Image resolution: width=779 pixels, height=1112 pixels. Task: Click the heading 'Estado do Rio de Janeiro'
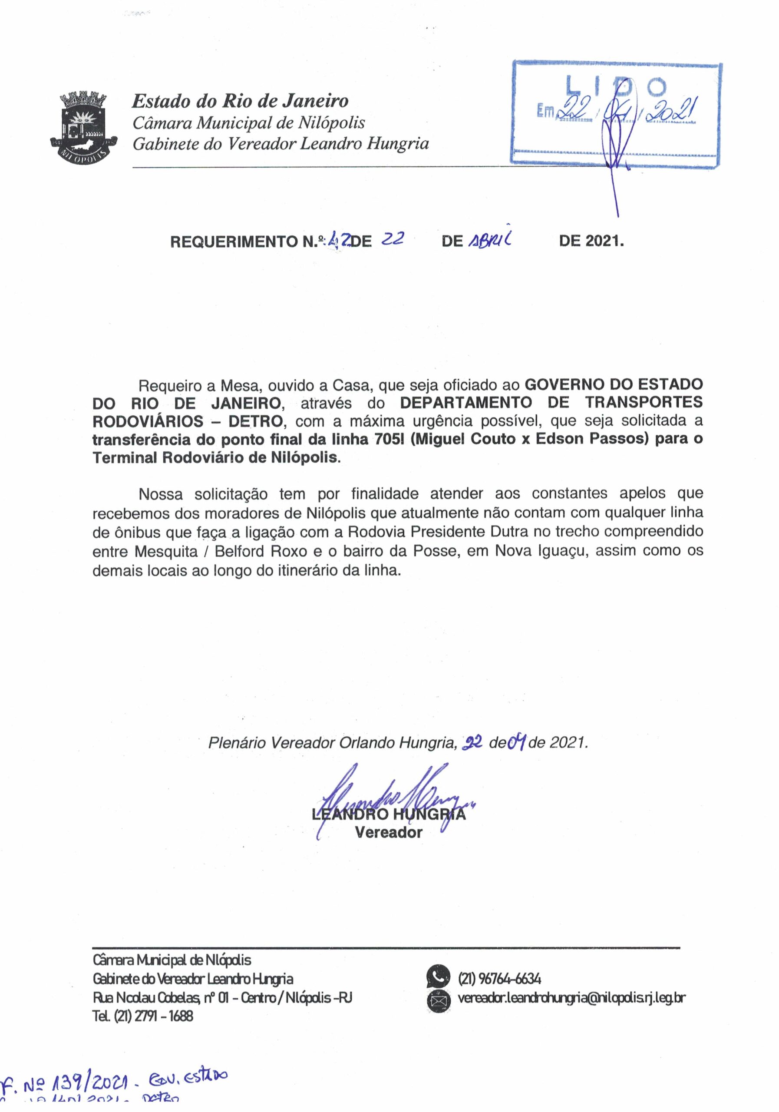click(240, 101)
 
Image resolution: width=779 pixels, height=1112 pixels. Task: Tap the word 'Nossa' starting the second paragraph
click(160, 494)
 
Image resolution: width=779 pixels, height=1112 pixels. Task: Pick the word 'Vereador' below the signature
click(388, 833)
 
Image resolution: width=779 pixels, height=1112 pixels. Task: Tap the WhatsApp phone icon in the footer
click(438, 977)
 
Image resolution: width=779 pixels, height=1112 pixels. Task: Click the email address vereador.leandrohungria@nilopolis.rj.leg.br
click(571, 998)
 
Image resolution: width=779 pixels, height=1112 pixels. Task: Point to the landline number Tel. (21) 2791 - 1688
click(143, 1016)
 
